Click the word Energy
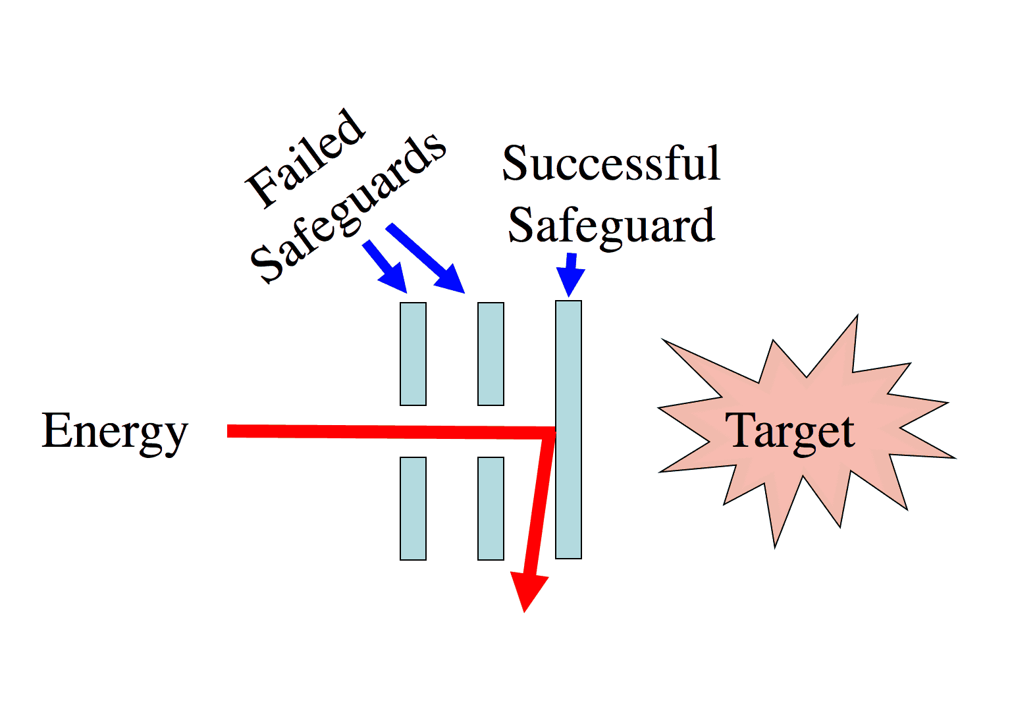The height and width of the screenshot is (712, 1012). (x=115, y=431)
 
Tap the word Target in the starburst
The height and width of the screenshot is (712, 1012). (x=790, y=431)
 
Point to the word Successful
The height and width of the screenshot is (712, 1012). (x=611, y=164)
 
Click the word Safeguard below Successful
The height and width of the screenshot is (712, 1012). (x=611, y=226)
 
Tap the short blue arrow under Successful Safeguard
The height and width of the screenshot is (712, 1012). (x=570, y=274)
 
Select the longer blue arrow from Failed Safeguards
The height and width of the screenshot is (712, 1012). (x=427, y=259)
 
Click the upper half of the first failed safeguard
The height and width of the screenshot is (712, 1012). (x=413, y=354)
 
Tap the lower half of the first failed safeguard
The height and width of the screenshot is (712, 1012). (x=413, y=508)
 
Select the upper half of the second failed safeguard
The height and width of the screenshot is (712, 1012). (x=491, y=354)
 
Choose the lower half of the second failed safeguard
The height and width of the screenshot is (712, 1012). (x=491, y=508)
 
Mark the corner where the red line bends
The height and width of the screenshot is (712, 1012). (x=549, y=433)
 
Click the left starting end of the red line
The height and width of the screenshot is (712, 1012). (x=230, y=431)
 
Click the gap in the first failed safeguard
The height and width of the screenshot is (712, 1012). (x=413, y=431)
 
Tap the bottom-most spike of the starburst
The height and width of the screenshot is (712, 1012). (x=777, y=536)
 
